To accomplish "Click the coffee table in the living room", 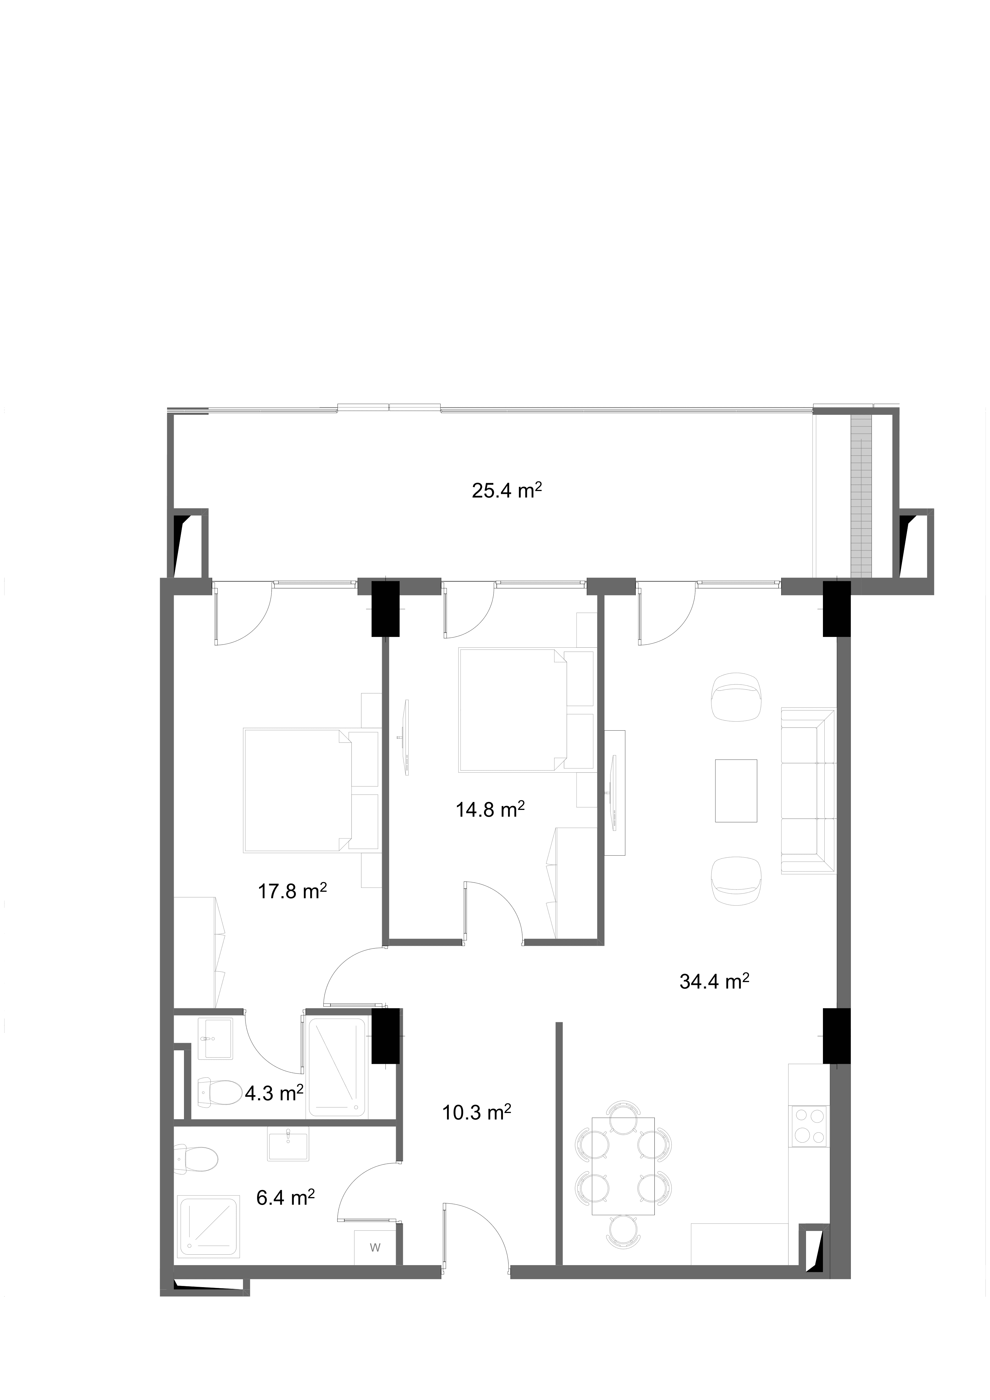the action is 736,791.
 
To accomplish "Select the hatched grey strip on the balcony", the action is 861,496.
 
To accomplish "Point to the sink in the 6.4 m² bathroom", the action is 288,1143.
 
